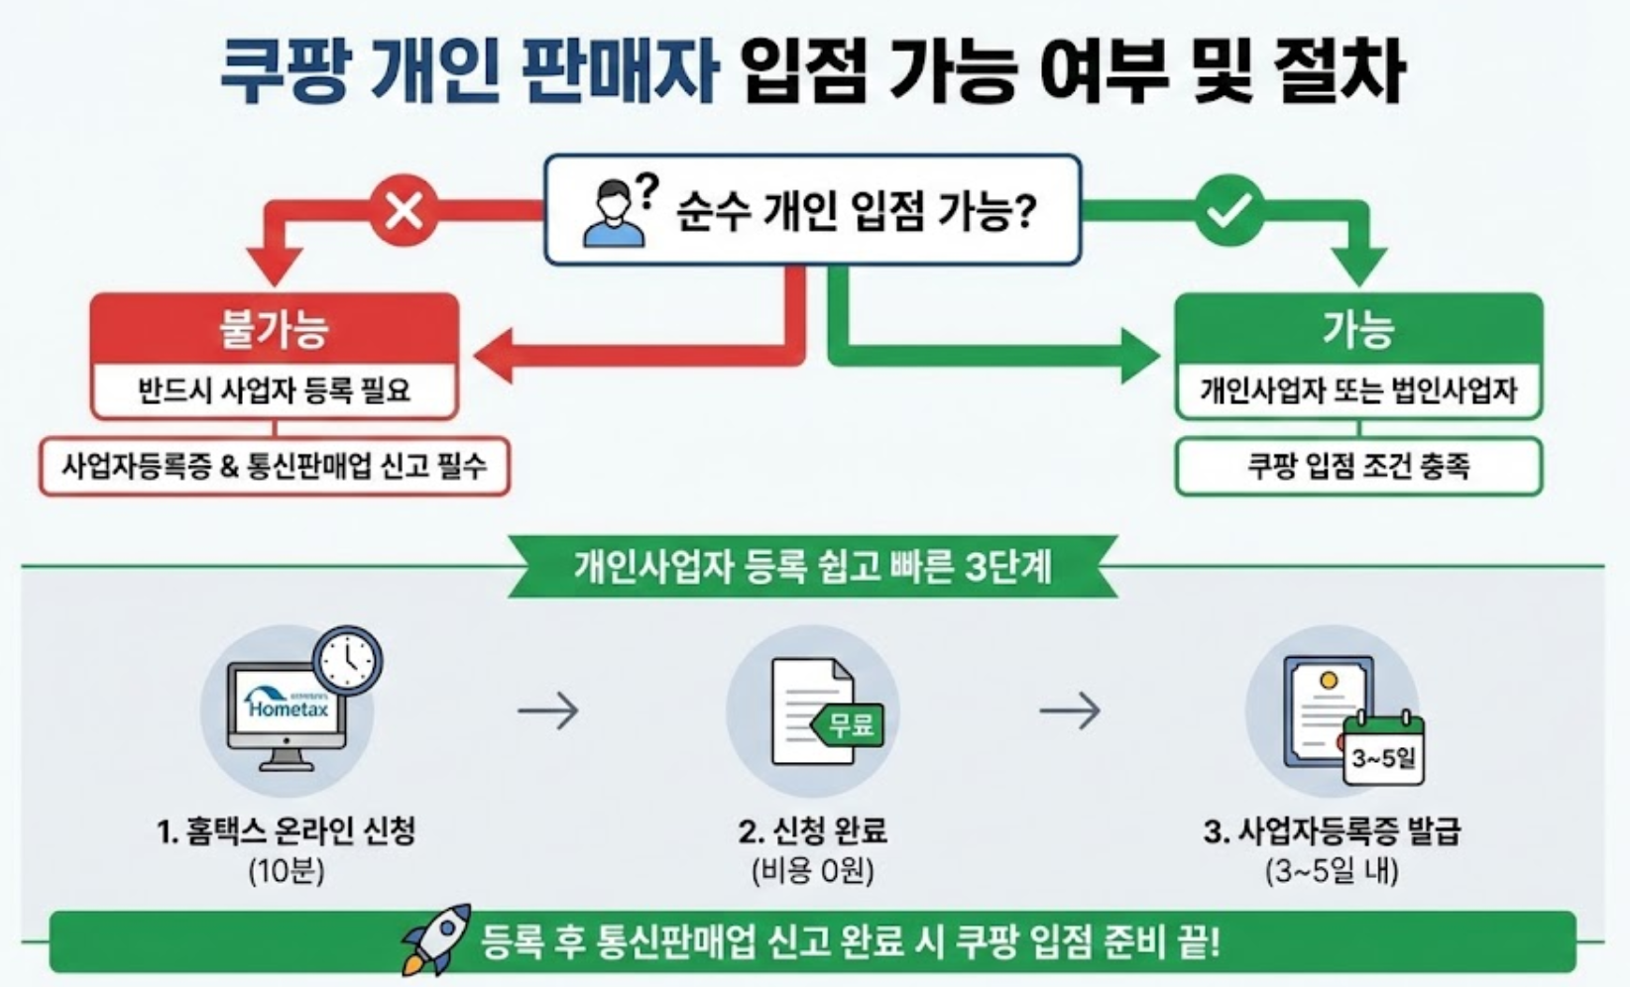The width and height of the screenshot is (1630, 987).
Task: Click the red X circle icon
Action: tap(403, 209)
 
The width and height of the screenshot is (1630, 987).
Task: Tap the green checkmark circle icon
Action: tap(1228, 209)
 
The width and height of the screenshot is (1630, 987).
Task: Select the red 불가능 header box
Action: tap(274, 329)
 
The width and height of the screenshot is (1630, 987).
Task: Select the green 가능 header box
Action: tap(1357, 329)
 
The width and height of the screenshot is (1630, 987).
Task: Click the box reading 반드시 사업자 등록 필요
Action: tap(274, 390)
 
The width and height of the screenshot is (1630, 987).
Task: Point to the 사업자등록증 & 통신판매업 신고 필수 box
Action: tap(274, 466)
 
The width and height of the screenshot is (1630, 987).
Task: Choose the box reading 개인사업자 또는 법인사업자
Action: tap(1357, 390)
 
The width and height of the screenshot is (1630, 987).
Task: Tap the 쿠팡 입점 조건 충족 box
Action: tap(1357, 466)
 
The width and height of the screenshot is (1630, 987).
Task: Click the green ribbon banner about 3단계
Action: tap(813, 567)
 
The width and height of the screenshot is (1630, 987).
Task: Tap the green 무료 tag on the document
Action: tap(849, 724)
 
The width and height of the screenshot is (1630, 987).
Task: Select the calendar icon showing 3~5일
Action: tap(1383, 755)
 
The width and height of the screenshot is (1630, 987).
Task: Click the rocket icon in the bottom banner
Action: tap(437, 937)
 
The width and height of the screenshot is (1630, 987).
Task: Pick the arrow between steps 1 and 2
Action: tap(548, 711)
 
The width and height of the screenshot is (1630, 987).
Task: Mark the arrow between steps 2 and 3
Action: tap(1070, 711)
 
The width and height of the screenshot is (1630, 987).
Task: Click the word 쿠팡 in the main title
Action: tap(283, 71)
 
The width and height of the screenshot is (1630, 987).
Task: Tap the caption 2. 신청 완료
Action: tap(813, 830)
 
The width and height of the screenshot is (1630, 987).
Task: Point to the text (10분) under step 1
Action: tap(287, 871)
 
